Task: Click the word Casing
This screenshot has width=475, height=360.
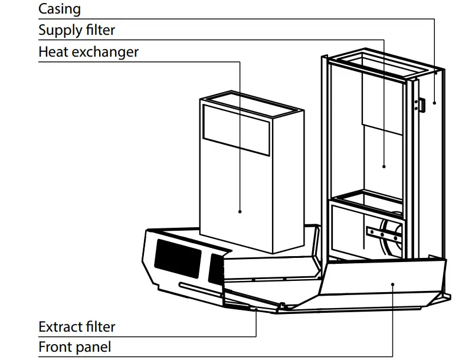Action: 60,9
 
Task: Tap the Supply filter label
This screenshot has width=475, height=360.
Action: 77,30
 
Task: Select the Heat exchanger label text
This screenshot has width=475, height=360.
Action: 89,51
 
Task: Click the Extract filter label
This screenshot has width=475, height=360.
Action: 77,326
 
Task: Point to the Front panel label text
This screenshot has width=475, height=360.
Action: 74,347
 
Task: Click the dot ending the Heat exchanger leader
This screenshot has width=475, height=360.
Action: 240,211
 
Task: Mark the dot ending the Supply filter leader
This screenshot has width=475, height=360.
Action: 384,166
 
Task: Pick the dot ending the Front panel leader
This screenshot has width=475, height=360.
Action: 392,283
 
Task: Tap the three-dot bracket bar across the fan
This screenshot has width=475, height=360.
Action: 382,234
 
